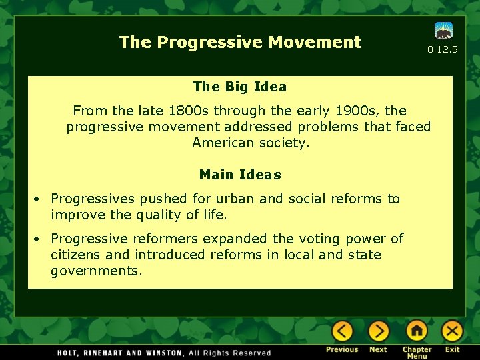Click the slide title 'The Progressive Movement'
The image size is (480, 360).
pyautogui.click(x=240, y=43)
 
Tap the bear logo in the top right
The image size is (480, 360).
pyautogui.click(x=444, y=31)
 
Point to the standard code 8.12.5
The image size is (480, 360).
pyautogui.click(x=443, y=50)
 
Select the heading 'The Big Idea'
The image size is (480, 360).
pyautogui.click(x=239, y=87)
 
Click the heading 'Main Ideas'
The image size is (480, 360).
pyautogui.click(x=240, y=175)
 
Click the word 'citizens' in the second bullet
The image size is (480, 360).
pyautogui.click(x=76, y=255)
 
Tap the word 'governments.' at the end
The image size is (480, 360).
pyautogui.click(x=97, y=271)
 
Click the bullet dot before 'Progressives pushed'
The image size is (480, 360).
pyautogui.click(x=39, y=199)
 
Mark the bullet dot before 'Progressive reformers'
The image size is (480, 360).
pyautogui.click(x=39, y=239)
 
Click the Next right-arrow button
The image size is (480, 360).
pyautogui.click(x=378, y=331)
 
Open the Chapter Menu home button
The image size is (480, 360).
pyautogui.click(x=417, y=331)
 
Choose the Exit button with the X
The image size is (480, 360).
pyautogui.click(x=452, y=331)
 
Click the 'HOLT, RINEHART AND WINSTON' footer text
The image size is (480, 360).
pyautogui.click(x=120, y=353)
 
